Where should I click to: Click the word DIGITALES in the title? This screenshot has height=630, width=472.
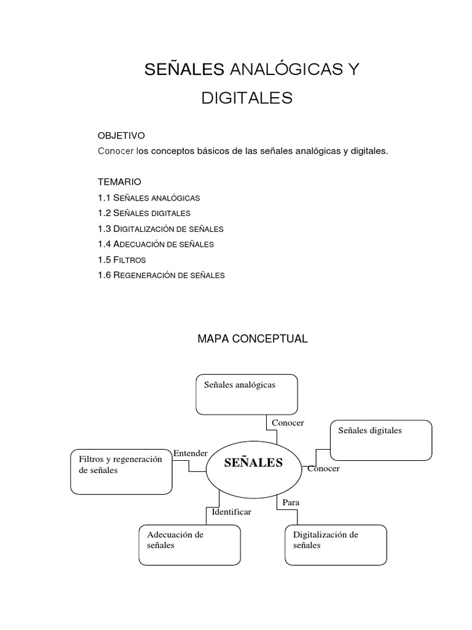(247, 98)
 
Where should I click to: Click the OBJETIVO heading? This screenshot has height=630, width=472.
(121, 135)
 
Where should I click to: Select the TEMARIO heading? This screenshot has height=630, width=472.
(119, 181)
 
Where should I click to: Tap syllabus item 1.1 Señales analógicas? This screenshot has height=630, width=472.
(149, 197)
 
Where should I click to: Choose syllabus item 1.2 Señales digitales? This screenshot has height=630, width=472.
(144, 213)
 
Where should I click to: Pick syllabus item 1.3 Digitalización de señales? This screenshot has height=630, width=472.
(160, 228)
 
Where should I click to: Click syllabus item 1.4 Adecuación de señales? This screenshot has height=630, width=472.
(155, 244)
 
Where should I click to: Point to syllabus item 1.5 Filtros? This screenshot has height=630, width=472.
(122, 260)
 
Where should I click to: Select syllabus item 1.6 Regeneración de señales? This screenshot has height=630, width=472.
(161, 275)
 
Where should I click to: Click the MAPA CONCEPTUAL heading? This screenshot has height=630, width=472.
(252, 338)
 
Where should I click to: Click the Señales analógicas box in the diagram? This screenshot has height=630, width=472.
(246, 394)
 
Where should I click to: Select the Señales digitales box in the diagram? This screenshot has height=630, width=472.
(380, 440)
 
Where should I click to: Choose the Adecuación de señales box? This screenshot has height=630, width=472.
(189, 544)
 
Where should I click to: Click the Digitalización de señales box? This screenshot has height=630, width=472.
(336, 544)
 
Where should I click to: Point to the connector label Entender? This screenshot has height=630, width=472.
(191, 453)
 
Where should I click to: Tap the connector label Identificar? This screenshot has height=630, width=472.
(231, 511)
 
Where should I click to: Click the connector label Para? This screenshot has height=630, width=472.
(291, 503)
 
